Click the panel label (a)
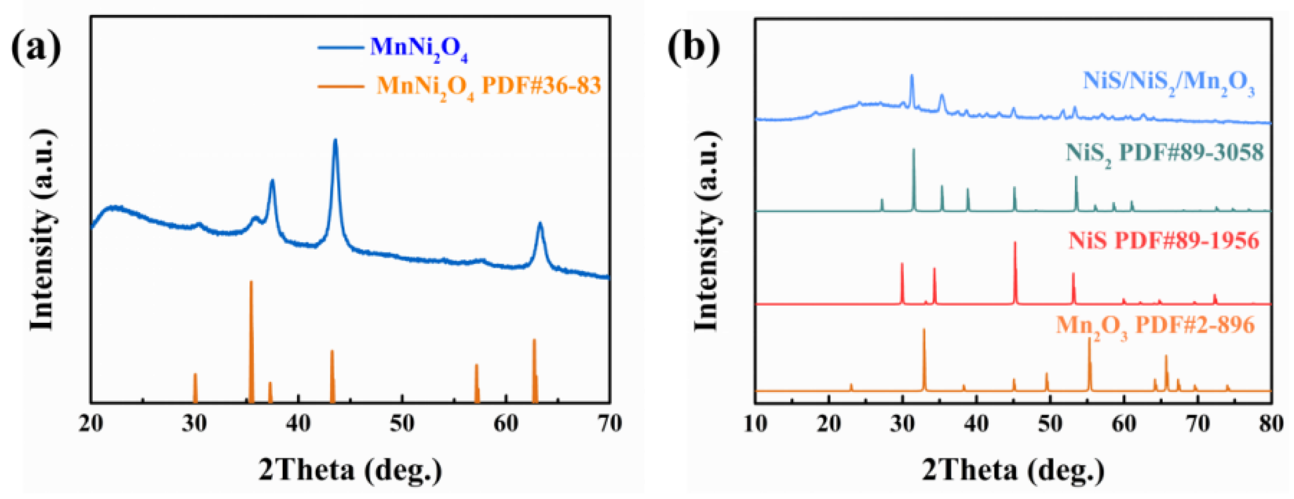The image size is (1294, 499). pos(36,47)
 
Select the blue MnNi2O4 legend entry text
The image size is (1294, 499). pos(418,48)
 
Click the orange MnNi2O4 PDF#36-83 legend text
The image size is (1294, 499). pos(488,86)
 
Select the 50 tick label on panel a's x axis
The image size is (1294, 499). pos(402,423)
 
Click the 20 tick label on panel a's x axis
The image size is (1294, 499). pos(91,423)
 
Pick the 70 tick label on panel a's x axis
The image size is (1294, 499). pos(609,423)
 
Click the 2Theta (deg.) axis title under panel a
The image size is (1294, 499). pos(350,469)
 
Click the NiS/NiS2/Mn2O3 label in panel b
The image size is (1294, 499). pos(1168,83)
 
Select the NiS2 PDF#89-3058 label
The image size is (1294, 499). pos(1164,153)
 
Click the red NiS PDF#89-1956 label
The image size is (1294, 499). pos(1163,241)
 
